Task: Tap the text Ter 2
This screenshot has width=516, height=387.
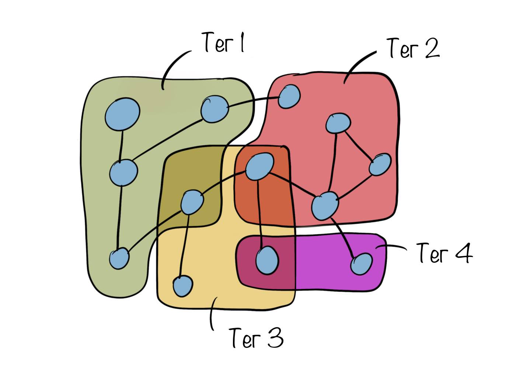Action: [x=413, y=48]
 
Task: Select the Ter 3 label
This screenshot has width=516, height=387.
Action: [x=256, y=337]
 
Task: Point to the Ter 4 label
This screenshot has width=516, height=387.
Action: [x=444, y=253]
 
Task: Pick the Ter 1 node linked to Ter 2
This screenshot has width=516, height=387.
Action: [x=214, y=108]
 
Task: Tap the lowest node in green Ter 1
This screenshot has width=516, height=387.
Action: [x=119, y=258]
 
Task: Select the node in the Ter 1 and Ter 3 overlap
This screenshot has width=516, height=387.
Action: [x=192, y=202]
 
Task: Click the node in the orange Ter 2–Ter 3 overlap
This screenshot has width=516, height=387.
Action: [x=259, y=167]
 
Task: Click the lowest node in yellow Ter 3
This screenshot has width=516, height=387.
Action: [x=183, y=286]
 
